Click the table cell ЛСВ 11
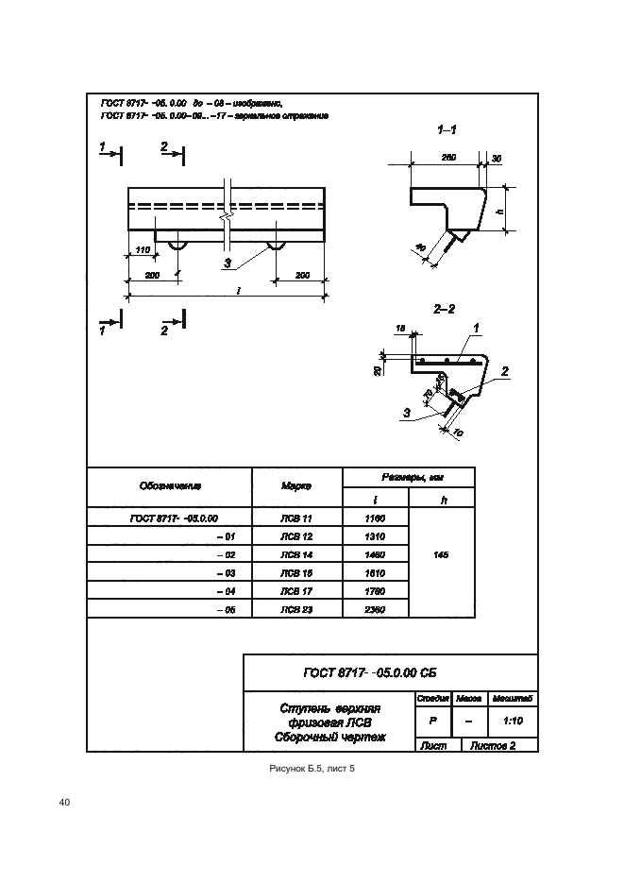(x=295, y=518)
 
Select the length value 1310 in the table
(x=375, y=536)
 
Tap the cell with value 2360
(x=375, y=609)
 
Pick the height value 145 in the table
(x=441, y=555)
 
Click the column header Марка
(x=295, y=486)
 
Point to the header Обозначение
(x=170, y=486)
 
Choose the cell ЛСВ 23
(x=295, y=609)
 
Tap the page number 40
(x=64, y=803)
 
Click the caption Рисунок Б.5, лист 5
(x=312, y=770)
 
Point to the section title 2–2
(x=445, y=309)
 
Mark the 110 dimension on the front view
(x=143, y=248)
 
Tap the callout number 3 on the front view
(x=227, y=262)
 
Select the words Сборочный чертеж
(x=329, y=737)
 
